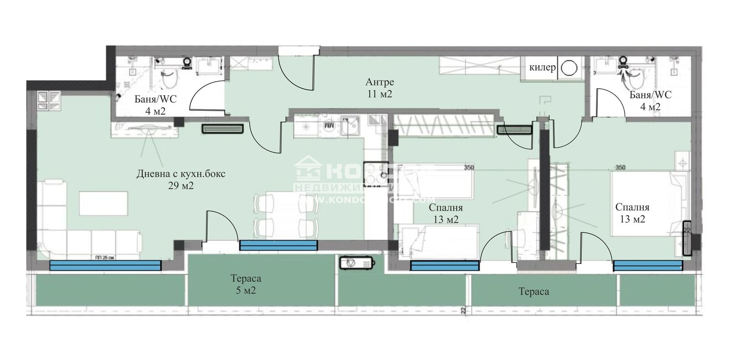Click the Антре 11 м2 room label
click(x=379, y=88)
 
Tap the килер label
click(x=542, y=67)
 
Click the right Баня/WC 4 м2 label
click(x=650, y=101)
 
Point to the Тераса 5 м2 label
click(x=246, y=284)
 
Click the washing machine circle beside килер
click(x=569, y=67)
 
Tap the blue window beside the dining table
click(x=278, y=246)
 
